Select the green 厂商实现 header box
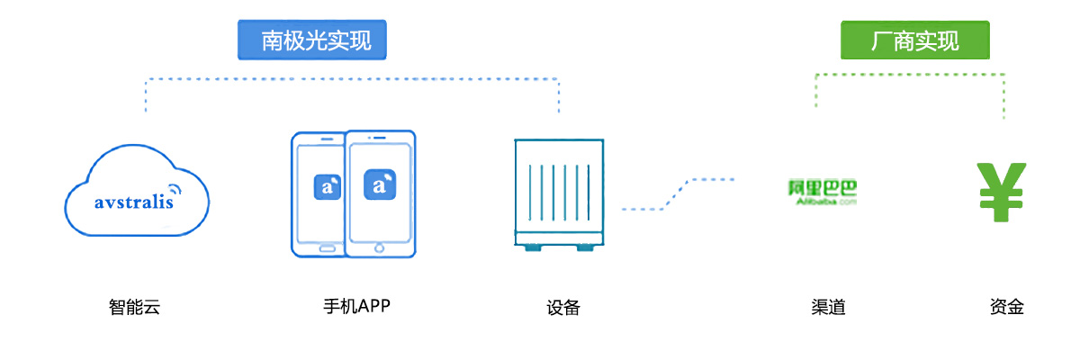pos(914,40)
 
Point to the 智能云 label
pos(134,308)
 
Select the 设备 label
pos(562,308)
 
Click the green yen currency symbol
pos(1003,192)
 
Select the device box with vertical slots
pos(559,193)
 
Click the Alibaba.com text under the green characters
pos(820,202)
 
